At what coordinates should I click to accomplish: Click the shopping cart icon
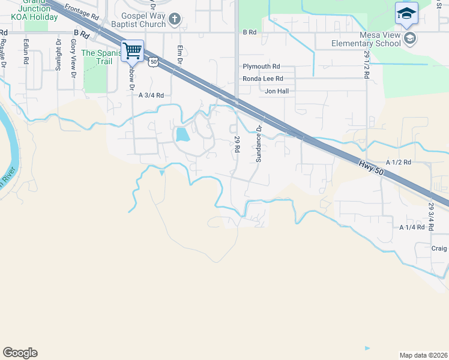tap(133, 50)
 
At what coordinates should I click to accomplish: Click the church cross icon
tap(174, 20)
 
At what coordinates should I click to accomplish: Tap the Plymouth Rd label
tap(261, 67)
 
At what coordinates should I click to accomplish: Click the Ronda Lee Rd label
tap(262, 79)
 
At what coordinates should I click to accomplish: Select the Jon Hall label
tap(277, 91)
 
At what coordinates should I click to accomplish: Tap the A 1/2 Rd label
tap(399, 163)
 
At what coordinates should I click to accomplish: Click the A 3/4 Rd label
tap(151, 95)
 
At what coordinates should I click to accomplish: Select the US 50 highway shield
tap(154, 61)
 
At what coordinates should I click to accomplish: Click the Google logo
tap(20, 353)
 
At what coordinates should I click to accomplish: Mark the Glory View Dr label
tap(73, 58)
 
